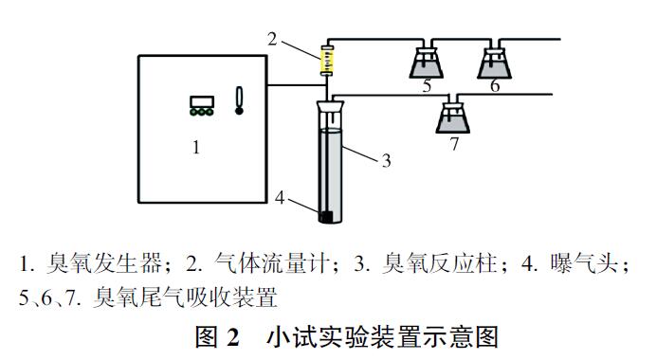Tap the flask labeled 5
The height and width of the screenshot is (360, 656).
coord(427,63)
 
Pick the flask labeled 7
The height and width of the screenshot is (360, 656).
coord(453,117)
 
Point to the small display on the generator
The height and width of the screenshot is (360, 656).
coord(200,100)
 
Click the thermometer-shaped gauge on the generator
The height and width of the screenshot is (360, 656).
coord(239,100)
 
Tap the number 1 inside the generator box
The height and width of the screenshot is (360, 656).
coord(196,147)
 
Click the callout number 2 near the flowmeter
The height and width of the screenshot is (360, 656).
coord(272,39)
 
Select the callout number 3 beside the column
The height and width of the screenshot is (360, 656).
coord(386,160)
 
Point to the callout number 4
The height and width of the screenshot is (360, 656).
coord(280,197)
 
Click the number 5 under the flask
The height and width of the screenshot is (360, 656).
coord(427,86)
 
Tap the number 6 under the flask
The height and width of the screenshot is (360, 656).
coord(494,86)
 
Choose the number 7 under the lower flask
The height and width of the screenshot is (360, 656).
coord(454,144)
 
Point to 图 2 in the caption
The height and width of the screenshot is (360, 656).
coord(220,336)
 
